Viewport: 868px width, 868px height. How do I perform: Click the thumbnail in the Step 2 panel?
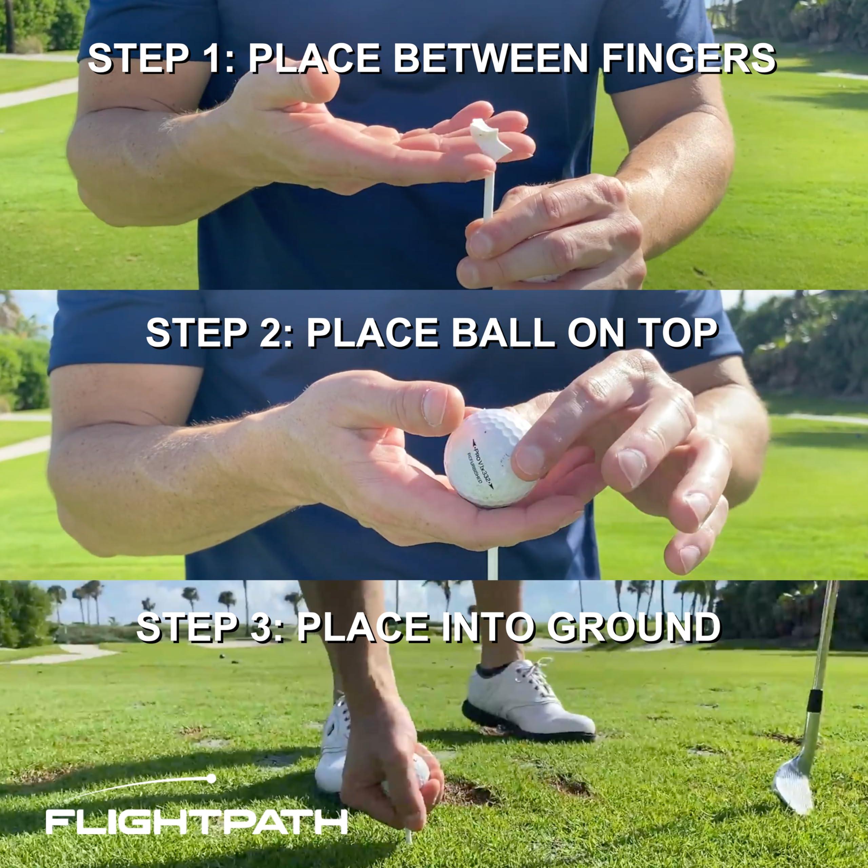point(434,407)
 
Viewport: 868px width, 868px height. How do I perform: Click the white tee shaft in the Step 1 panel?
point(488,193)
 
